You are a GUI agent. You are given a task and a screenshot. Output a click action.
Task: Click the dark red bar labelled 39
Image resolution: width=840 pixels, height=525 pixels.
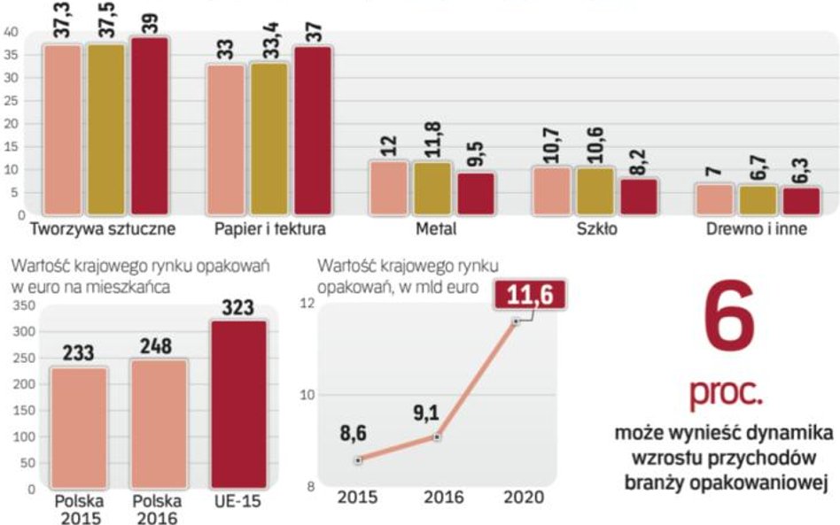tap(151, 126)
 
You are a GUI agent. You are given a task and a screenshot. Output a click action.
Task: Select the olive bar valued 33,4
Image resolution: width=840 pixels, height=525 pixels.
tap(268, 139)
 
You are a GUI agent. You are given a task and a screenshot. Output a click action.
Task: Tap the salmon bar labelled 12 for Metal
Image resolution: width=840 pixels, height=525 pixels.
tap(388, 187)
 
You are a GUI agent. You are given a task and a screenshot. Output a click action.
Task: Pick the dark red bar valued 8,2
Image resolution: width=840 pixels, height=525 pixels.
tap(639, 196)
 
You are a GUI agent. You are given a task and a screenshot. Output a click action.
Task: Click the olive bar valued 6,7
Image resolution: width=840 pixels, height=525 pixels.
tap(758, 199)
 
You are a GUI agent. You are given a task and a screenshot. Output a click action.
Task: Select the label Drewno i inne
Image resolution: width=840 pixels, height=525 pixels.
tap(758, 228)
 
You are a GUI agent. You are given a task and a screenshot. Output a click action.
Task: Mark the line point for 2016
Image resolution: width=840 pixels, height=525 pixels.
tap(437, 436)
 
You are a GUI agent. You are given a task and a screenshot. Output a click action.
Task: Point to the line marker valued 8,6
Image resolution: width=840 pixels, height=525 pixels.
tap(357, 459)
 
